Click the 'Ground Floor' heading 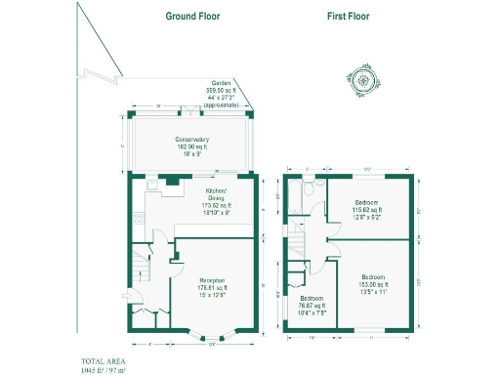(192, 17)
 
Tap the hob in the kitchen (173, 180)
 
